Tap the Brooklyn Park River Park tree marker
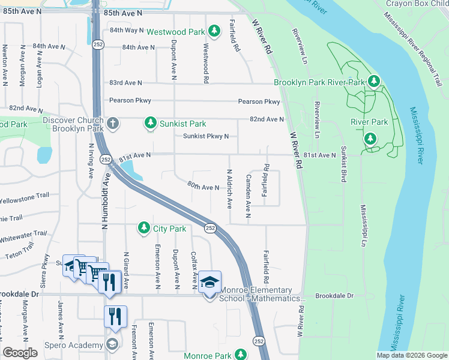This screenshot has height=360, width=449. point(374,81)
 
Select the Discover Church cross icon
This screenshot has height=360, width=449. point(113,124)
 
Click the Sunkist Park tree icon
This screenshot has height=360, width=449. point(149,124)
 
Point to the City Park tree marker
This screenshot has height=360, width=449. point(143,228)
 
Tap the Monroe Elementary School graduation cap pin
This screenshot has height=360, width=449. point(210,282)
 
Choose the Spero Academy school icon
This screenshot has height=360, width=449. point(111,344)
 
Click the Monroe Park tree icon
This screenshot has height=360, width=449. point(241,355)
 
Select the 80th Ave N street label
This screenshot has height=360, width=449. point(203,187)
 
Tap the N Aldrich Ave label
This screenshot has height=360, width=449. point(229,189)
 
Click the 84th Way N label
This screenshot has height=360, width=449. point(127,30)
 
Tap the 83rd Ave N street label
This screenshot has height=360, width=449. point(125,82)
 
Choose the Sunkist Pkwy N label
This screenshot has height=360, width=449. point(206,136)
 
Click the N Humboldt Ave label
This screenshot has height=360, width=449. point(104,202)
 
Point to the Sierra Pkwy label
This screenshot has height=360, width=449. point(46,268)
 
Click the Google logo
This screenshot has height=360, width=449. point(20,353)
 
